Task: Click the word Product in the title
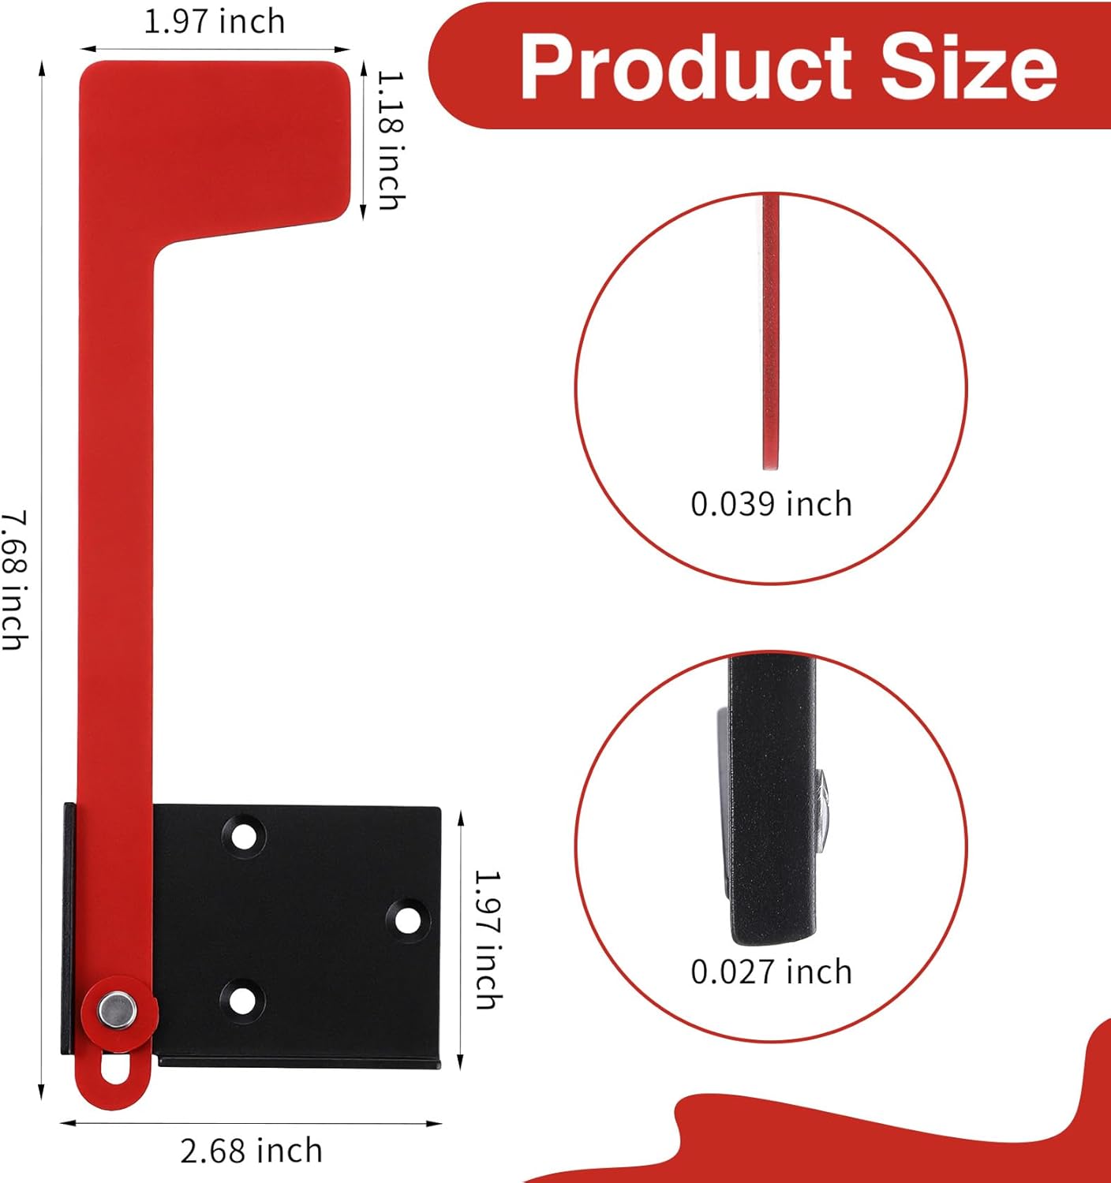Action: [686, 67]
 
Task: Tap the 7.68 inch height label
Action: [14, 580]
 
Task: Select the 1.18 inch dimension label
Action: [391, 140]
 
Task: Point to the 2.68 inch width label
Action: [251, 1150]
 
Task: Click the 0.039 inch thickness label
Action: [771, 504]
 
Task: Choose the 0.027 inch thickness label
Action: [771, 972]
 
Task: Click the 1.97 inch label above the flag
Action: [215, 21]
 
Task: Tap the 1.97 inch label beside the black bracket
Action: [488, 941]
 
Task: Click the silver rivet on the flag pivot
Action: [118, 1010]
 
